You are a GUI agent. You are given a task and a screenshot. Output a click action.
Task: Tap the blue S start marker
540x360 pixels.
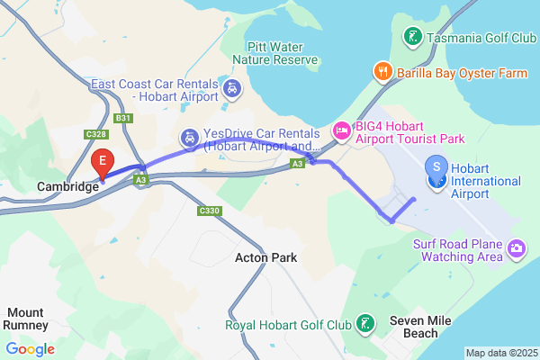tap(437, 167)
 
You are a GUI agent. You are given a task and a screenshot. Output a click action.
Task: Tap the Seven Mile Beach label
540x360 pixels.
tap(414, 327)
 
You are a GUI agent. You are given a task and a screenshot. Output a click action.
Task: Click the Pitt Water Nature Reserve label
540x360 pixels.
tap(275, 53)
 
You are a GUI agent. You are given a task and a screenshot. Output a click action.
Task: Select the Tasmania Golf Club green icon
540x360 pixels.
tap(411, 38)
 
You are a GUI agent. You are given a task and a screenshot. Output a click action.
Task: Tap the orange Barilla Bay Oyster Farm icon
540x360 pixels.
tap(382, 71)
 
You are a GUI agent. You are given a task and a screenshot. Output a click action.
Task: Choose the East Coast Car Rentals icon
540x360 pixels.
tap(232, 88)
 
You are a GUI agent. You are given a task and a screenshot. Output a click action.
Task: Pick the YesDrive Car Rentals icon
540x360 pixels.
tap(189, 138)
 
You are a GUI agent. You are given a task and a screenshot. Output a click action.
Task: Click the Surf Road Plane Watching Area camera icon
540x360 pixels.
tap(517, 247)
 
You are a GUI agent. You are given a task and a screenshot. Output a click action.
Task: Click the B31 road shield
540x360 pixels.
tap(124, 117)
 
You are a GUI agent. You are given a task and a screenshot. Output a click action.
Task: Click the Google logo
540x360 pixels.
tap(31, 349)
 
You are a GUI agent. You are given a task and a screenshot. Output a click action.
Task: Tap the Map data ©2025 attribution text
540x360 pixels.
tap(501, 353)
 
